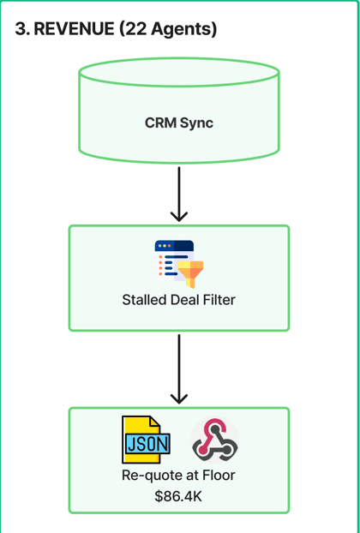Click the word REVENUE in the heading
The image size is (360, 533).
coord(74,29)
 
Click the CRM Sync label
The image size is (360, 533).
coord(179,123)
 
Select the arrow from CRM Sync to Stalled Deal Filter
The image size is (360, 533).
coord(179,195)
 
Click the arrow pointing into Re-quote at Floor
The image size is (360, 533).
coord(179,369)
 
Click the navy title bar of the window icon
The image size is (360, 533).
coord(174,246)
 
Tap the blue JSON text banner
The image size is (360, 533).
coord(148,443)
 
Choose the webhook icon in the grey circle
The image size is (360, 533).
coord(215,440)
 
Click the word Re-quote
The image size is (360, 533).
coord(147,476)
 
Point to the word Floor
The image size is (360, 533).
coord(219,476)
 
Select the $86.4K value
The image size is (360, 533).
coord(178,496)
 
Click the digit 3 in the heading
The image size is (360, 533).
coord(21,29)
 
